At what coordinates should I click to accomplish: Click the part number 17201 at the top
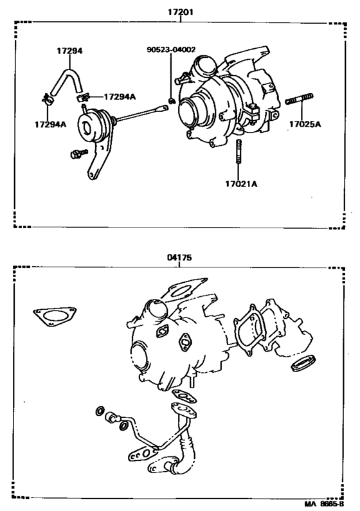[x=181, y=12]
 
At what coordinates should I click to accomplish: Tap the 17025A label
[x=304, y=125]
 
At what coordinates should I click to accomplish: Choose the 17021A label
[x=241, y=184]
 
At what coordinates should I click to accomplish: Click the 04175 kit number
[x=181, y=257]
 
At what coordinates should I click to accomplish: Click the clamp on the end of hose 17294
[x=46, y=100]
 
